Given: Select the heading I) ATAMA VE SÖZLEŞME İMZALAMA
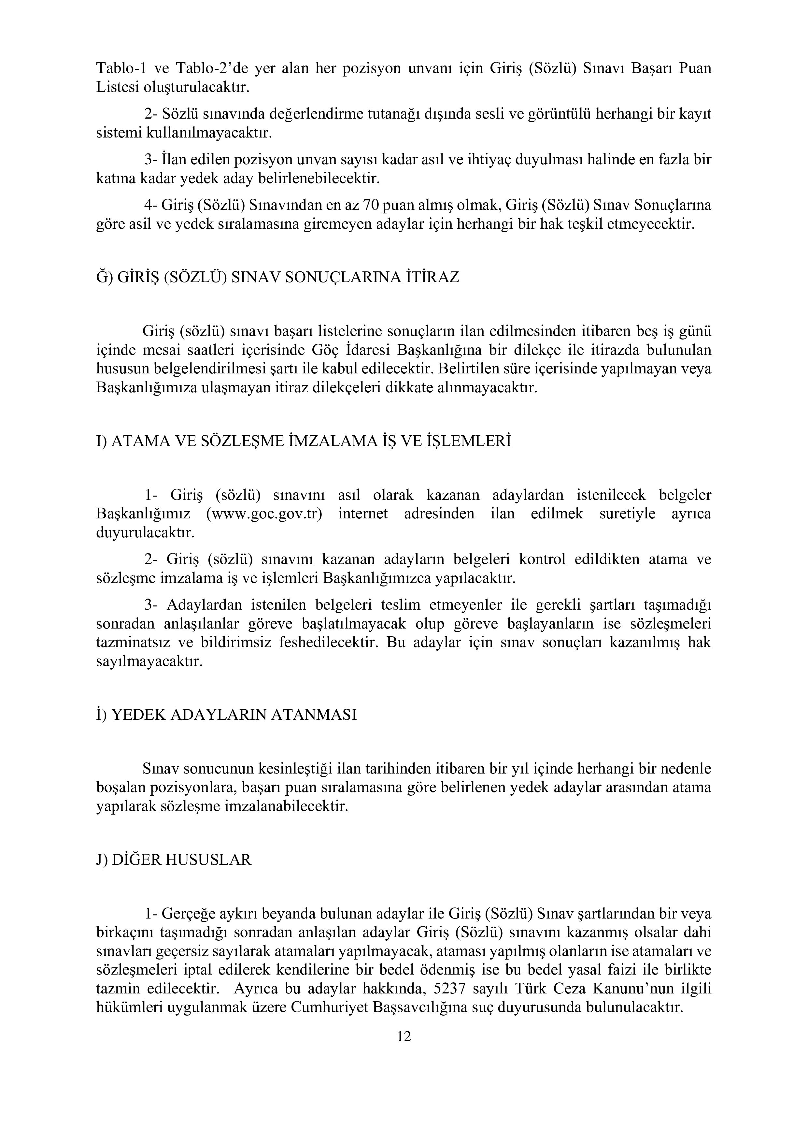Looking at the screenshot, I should tap(304, 441).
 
